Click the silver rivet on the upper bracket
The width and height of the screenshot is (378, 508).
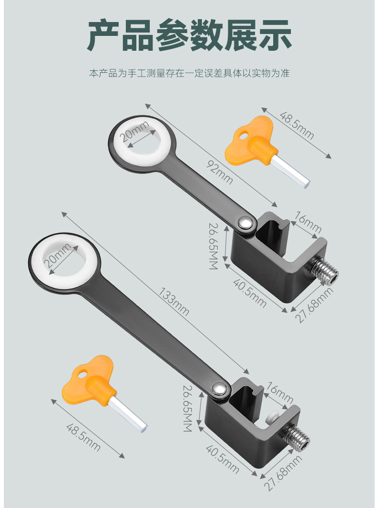[x=246, y=222]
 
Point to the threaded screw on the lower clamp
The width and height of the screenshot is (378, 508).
[x=297, y=435]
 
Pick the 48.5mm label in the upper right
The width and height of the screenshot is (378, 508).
[x=297, y=125]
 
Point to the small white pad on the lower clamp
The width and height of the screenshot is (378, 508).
[x=273, y=416]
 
